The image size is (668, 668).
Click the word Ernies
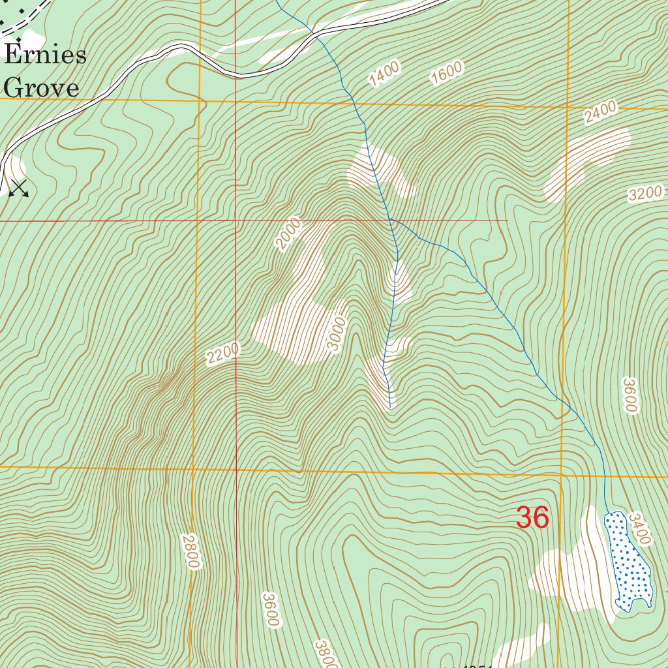click(45, 55)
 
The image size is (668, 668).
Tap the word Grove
click(42, 87)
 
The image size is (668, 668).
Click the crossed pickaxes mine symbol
click(19, 188)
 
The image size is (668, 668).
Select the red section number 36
click(532, 518)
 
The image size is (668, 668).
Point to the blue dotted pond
click(628, 561)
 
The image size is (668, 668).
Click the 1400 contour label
click(384, 74)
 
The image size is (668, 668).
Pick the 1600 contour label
click(446, 73)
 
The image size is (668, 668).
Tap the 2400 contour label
click(600, 113)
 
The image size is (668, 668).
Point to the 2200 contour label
click(223, 354)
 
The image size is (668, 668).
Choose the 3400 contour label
click(641, 528)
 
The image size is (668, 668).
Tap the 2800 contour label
click(190, 552)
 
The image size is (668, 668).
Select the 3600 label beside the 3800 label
click(271, 610)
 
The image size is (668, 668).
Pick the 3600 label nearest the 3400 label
click(629, 395)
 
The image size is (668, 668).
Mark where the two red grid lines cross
click(236, 220)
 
